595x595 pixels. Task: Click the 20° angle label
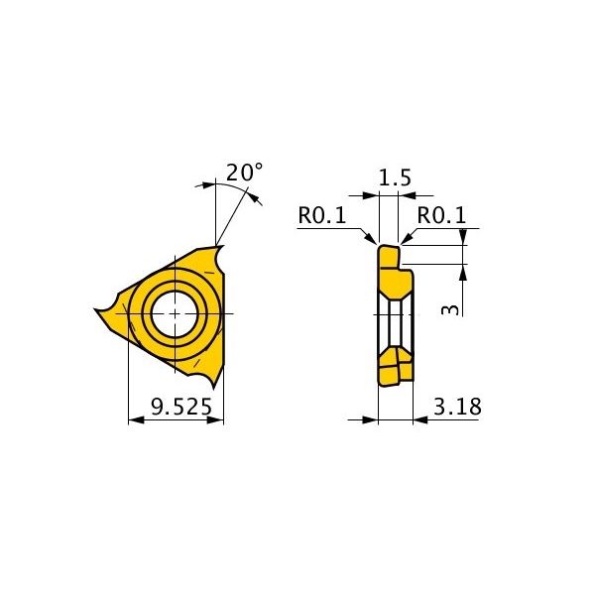point(244,173)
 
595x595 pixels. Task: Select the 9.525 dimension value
point(181,407)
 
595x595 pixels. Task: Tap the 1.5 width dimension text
point(395,178)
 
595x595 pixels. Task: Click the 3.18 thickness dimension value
point(457,407)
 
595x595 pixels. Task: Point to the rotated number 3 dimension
point(450,310)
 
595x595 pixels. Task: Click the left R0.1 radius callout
point(322,215)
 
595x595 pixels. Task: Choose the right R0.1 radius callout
point(441,215)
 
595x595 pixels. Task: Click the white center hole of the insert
point(175,314)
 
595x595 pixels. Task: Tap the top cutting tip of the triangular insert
point(221,247)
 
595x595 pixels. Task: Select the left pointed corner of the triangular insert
point(95,310)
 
